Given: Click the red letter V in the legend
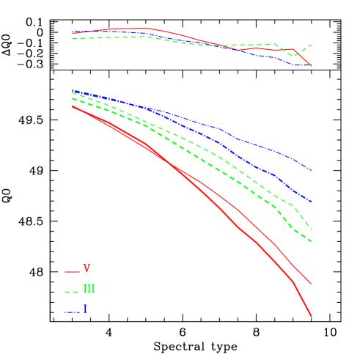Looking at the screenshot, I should click(x=87, y=269).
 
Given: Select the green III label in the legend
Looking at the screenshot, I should click(x=89, y=290).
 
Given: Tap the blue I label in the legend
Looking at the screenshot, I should click(x=85, y=310).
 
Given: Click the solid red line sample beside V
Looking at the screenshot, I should click(x=72, y=272).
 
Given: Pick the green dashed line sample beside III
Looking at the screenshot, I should click(x=72, y=292).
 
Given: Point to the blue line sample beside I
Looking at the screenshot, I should click(x=72, y=312).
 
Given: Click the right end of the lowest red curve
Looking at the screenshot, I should click(x=312, y=316).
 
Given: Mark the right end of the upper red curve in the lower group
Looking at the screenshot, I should click(x=312, y=283).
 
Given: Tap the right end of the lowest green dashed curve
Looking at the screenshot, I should click(x=312, y=241).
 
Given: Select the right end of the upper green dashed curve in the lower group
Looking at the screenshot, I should click(x=312, y=228).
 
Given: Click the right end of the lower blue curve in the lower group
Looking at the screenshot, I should click(x=312, y=202).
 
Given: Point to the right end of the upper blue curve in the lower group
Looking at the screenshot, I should click(x=312, y=171).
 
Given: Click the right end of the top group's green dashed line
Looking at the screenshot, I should click(x=312, y=45).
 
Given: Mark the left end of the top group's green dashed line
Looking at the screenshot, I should click(x=73, y=38).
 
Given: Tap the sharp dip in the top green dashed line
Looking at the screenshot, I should click(x=293, y=56).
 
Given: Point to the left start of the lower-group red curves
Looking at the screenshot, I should click(x=73, y=106).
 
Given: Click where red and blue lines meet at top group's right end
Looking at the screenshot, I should click(x=311, y=65).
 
